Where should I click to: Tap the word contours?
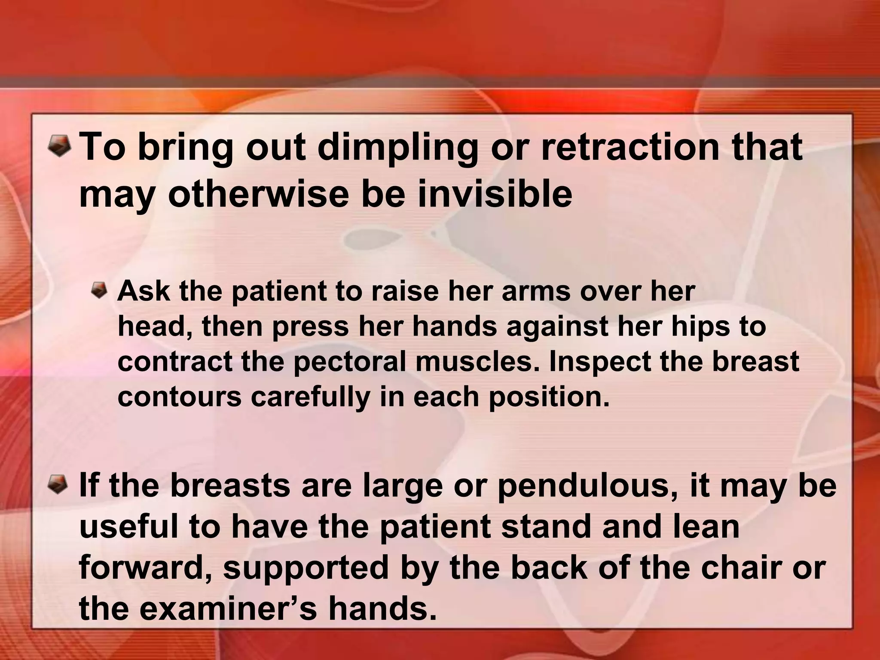(180, 397)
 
